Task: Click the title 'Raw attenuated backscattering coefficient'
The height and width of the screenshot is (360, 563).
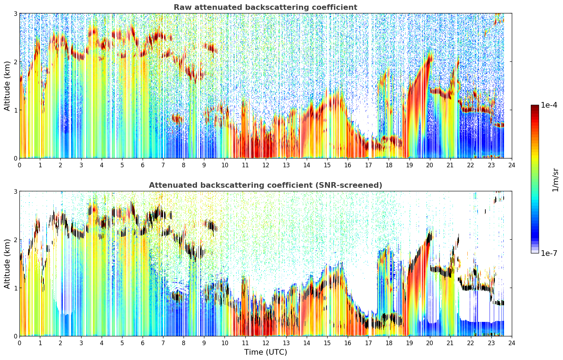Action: point(265,7)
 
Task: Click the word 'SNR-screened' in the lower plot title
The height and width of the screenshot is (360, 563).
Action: point(348,185)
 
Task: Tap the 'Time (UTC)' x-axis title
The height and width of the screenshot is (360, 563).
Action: point(265,352)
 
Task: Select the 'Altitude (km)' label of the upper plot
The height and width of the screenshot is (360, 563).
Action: point(7,86)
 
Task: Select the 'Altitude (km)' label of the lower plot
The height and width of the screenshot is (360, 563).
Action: point(7,264)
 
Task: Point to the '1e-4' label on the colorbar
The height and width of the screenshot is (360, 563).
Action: point(549,105)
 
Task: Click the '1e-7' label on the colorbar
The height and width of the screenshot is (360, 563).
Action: point(549,253)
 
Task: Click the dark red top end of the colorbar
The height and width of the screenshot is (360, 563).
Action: point(535,106)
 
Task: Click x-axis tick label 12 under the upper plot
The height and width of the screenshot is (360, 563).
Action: point(266,165)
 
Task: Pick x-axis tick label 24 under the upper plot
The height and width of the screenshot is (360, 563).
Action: point(512,165)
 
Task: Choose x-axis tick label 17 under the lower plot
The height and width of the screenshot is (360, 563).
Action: point(368,343)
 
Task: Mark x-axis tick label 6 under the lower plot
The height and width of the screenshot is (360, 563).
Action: point(143,343)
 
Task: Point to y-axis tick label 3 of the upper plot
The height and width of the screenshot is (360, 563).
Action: point(15,13)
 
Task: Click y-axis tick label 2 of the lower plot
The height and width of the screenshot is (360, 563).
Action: point(15,240)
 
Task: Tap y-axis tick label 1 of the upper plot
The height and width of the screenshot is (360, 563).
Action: point(15,110)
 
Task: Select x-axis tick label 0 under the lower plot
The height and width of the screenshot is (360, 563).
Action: point(20,343)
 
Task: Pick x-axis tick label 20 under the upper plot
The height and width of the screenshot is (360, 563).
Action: point(430,165)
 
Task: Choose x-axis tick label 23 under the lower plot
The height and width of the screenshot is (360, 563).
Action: point(491,343)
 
